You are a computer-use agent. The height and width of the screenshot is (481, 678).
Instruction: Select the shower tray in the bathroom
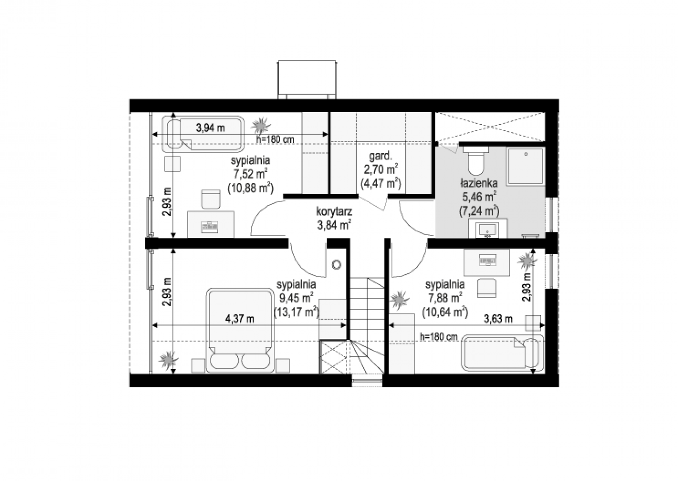[526, 166]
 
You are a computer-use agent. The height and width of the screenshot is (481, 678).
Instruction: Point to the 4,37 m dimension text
[240, 319]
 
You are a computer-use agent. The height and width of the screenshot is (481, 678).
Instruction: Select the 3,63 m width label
[498, 319]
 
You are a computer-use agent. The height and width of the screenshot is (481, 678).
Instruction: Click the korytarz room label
[334, 212]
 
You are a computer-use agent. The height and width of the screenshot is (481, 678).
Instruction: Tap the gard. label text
[381, 156]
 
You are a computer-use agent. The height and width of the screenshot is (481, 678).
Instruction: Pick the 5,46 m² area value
[479, 197]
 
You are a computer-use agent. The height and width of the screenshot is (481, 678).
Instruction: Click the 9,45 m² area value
[296, 298]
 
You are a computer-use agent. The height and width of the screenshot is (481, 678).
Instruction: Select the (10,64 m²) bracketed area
[445, 311]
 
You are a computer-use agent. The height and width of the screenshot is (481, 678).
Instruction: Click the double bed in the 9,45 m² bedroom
[240, 330]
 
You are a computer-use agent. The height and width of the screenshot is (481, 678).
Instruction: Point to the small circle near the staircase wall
[336, 265]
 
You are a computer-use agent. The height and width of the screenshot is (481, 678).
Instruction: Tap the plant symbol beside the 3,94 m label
[261, 126]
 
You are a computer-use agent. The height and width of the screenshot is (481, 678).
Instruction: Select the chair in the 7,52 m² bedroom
[211, 199]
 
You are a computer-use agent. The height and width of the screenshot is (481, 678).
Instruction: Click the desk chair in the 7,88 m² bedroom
[486, 288]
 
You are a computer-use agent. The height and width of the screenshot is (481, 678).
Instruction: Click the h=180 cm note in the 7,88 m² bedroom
[439, 337]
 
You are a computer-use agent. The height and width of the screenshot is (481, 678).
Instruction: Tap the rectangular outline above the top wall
[307, 80]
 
